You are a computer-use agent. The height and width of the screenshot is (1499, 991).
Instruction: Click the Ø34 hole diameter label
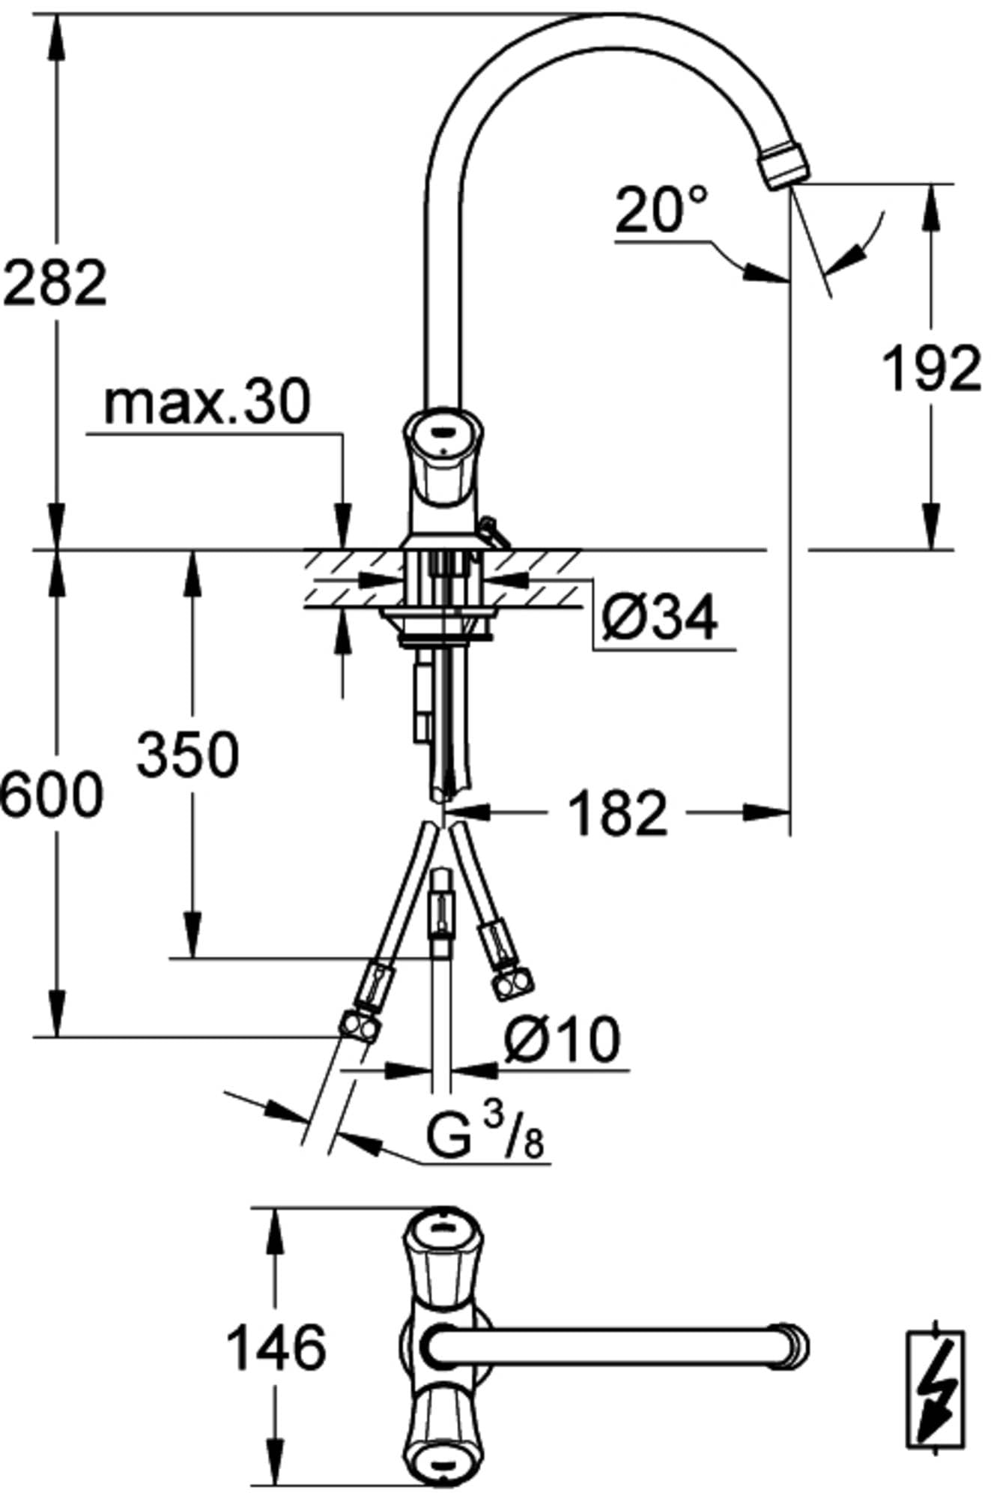pos(659,617)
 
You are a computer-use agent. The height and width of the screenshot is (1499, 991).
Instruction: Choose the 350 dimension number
pos(187,754)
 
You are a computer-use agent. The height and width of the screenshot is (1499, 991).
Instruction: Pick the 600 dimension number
pos(51,794)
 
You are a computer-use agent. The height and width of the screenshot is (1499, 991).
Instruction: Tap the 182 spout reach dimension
pos(618,812)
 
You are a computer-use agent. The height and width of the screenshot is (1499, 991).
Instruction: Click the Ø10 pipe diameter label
pos(563,1040)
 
